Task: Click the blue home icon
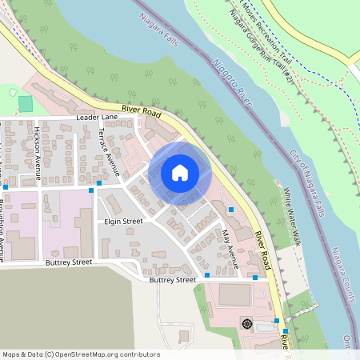pyautogui.click(x=180, y=173)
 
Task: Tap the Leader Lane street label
pyautogui.click(x=97, y=117)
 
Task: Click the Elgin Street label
pyautogui.click(x=122, y=221)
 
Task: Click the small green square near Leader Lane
pyautogui.click(x=26, y=103)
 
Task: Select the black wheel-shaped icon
pyautogui.click(x=246, y=323)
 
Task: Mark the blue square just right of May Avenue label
pyautogui.click(x=231, y=210)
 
